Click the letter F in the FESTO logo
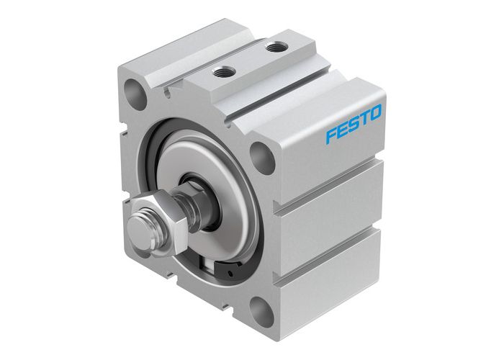(331, 135)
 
